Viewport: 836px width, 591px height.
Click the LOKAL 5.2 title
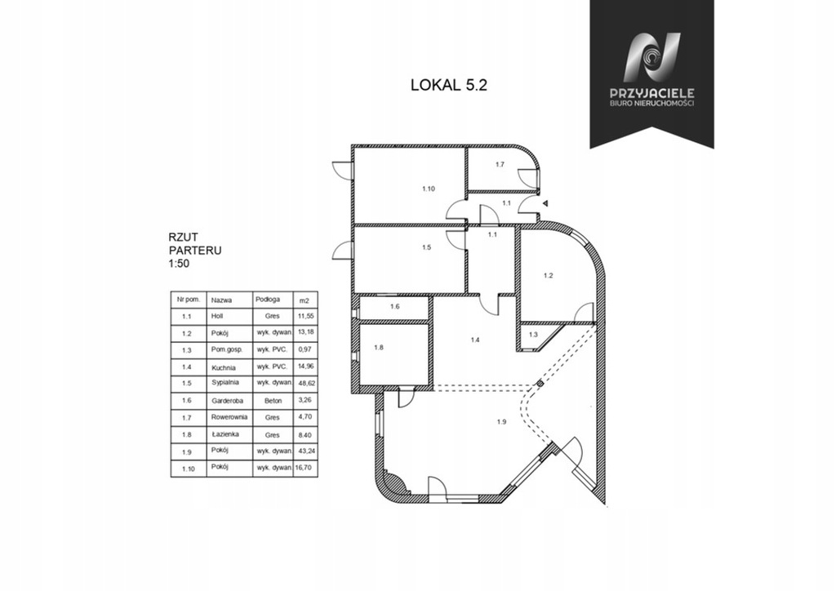click(448, 85)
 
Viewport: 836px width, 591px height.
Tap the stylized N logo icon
click(652, 57)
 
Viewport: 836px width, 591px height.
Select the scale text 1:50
click(179, 264)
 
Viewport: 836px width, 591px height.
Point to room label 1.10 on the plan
click(429, 189)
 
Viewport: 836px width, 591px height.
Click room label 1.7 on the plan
click(500, 165)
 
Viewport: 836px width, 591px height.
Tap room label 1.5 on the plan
click(426, 247)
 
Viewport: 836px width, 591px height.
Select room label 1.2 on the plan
click(548, 276)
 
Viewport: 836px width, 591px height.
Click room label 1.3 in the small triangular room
click(533, 335)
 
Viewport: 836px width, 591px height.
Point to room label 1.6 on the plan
click(394, 306)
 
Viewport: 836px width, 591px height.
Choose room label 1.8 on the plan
click(379, 348)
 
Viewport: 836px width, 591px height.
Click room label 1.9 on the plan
click(501, 422)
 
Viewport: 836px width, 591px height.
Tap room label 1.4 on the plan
click(475, 340)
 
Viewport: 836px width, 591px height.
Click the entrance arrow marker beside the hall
click(545, 203)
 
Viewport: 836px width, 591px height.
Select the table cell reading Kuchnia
click(223, 367)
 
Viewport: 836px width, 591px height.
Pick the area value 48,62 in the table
click(305, 383)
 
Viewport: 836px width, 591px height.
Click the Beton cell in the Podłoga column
click(273, 401)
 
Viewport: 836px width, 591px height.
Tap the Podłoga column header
click(268, 300)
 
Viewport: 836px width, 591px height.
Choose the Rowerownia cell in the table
click(229, 417)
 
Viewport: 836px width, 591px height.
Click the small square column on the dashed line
click(540, 383)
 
